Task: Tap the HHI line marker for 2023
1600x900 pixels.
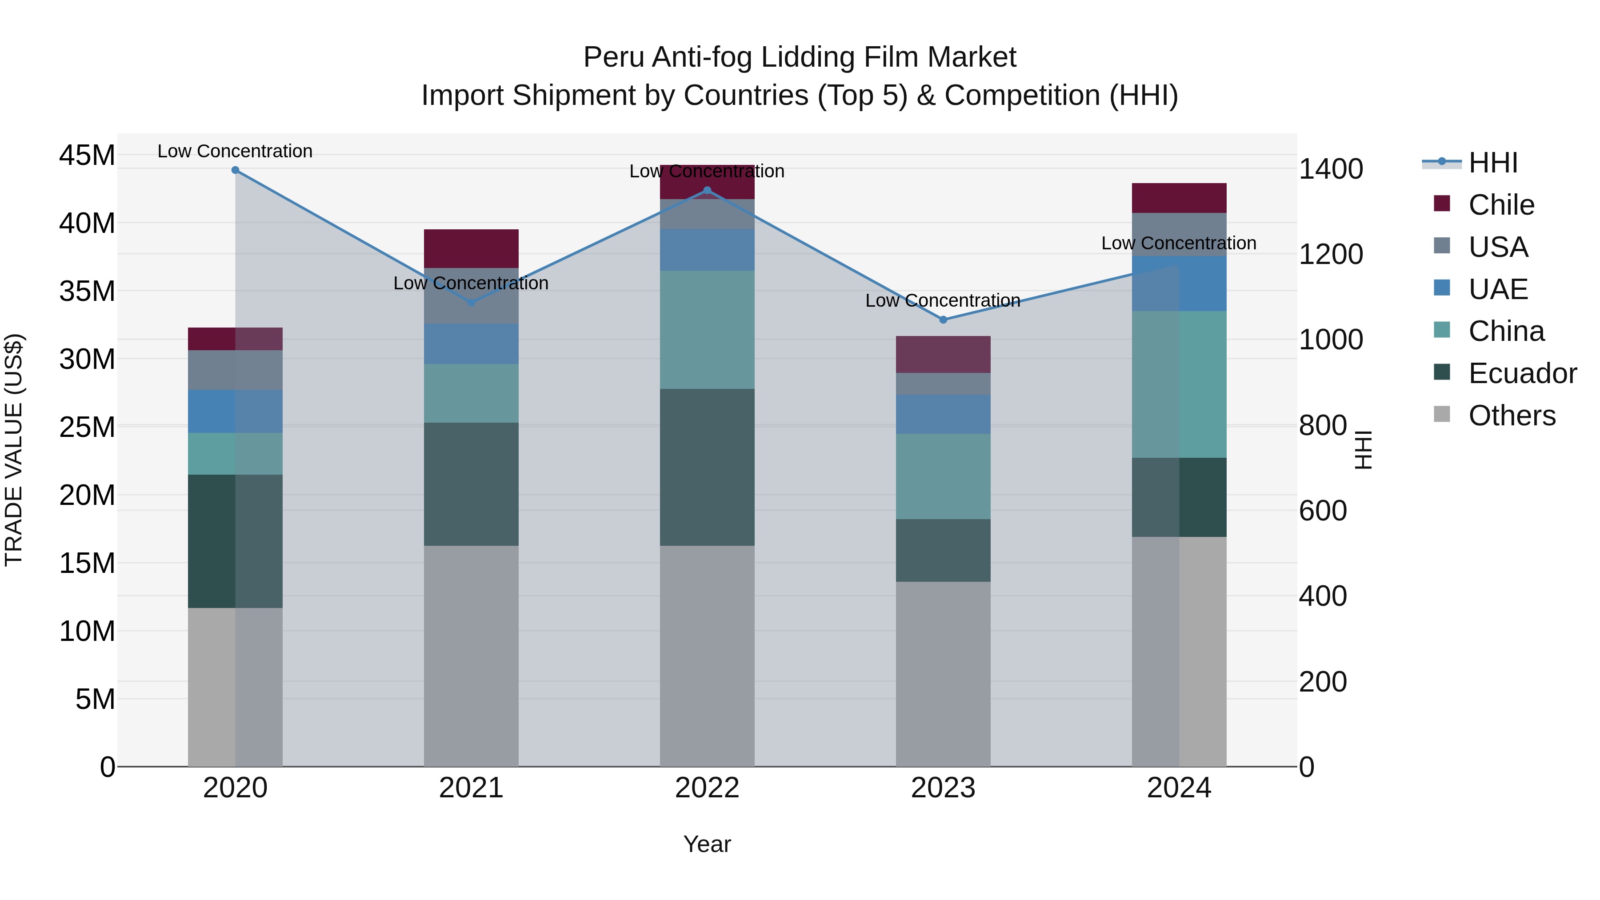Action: [x=943, y=320]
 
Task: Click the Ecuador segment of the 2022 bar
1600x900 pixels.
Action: [x=707, y=467]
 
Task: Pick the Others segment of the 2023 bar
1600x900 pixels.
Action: [x=943, y=674]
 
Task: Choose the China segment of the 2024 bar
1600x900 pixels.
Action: [x=1179, y=384]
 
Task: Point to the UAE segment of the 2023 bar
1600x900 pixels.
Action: [x=943, y=414]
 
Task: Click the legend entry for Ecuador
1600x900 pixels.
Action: [x=1522, y=373]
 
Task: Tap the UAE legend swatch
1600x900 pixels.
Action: [x=1442, y=288]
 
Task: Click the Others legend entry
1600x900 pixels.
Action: [x=1512, y=416]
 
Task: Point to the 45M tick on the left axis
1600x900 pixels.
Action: [x=87, y=155]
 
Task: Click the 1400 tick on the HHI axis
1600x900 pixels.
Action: [x=1330, y=169]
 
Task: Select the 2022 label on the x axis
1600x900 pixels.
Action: [x=707, y=788]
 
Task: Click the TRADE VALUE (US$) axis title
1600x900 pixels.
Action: [x=14, y=450]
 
